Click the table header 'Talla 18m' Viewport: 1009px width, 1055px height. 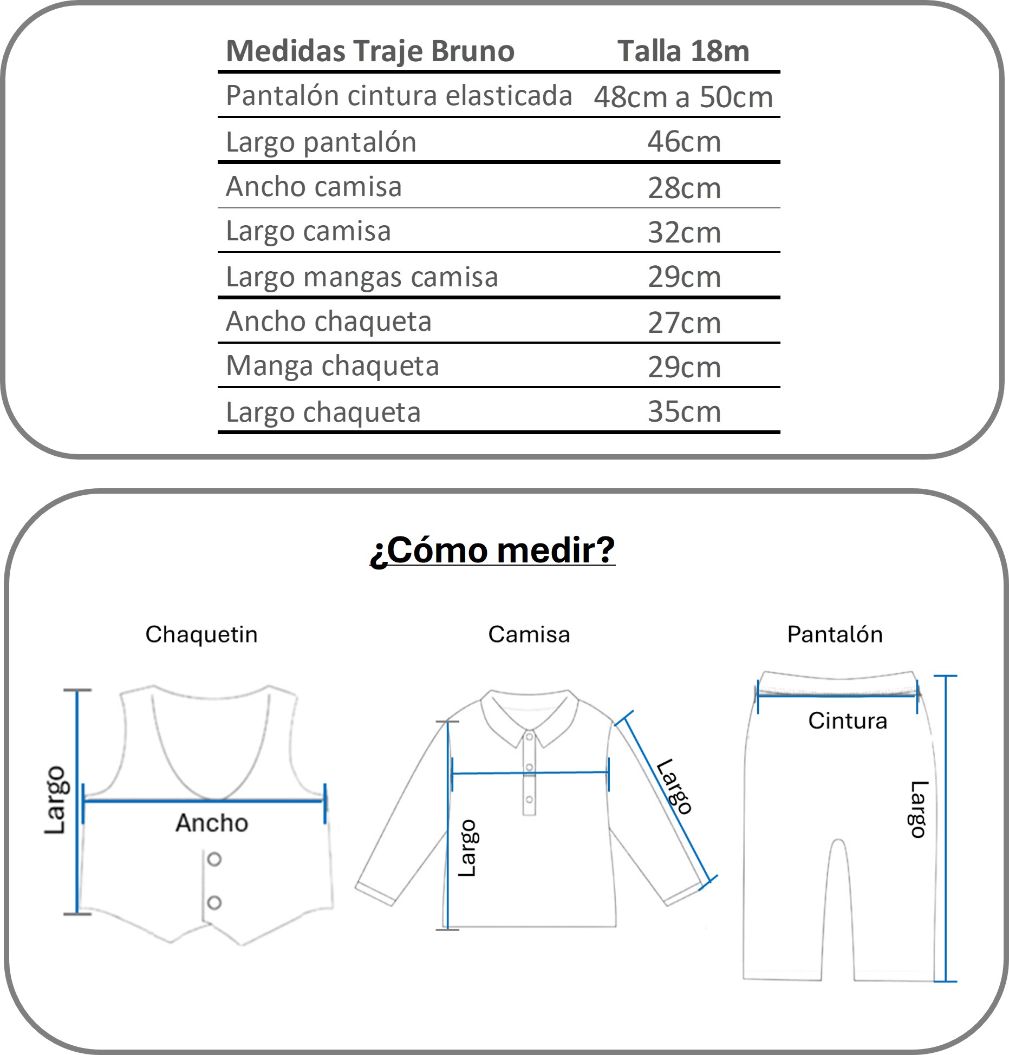coord(683,51)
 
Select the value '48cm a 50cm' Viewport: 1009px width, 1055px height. coord(683,97)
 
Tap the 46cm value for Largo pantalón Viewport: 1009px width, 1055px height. coord(684,142)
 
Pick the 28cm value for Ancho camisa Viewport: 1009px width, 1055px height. coord(684,188)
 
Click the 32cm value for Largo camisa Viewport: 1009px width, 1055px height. coord(684,232)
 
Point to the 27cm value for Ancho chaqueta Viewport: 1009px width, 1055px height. coord(684,323)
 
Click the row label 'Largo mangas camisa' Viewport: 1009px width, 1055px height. coord(362,277)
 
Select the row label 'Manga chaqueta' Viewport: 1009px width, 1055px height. coord(332,366)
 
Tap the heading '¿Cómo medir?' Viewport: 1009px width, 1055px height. coord(492,550)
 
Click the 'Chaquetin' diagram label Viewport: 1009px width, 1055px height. coord(201,634)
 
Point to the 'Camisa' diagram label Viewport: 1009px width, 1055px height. coord(529,634)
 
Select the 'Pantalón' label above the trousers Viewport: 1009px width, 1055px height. coord(835,634)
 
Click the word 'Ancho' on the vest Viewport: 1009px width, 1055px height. coord(212,823)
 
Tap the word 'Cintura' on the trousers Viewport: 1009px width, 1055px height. coord(848,721)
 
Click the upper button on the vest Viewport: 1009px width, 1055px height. coord(214,859)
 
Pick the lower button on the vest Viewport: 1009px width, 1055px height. coord(214,902)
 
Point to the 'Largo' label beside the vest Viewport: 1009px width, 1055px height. coord(55,800)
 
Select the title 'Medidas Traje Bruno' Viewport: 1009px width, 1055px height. coord(370,51)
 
